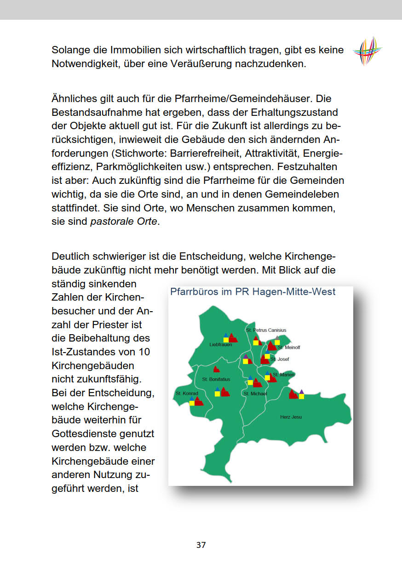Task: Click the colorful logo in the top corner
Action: tap(368, 51)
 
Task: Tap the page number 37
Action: tap(201, 545)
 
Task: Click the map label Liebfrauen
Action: tap(221, 345)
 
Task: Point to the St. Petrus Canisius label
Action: tap(266, 330)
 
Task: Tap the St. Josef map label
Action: tap(280, 359)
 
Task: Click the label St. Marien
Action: tap(284, 375)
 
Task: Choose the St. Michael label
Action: tap(255, 394)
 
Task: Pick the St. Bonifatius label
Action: tap(216, 379)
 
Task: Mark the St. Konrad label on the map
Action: tap(187, 393)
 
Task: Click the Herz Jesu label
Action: tap(291, 417)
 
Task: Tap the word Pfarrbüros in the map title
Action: tap(191, 292)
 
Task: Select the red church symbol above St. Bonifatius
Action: tap(216, 369)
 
